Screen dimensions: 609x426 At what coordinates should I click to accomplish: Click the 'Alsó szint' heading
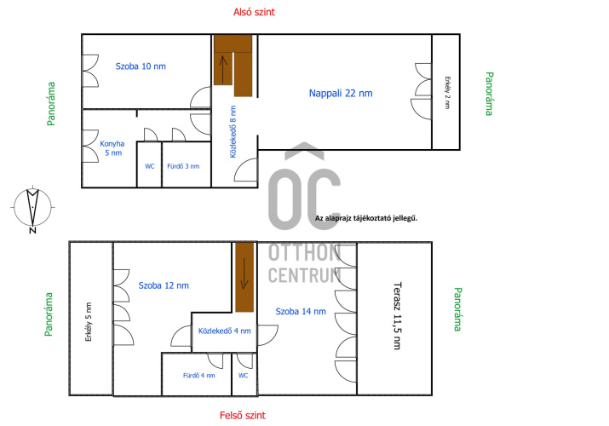[254, 12]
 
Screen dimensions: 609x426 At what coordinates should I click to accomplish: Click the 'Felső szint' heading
[243, 416]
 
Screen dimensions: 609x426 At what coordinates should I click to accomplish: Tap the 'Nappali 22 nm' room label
[341, 93]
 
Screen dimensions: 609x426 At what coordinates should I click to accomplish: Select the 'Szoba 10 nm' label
[141, 66]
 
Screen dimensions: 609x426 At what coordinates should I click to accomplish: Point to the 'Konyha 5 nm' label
[112, 148]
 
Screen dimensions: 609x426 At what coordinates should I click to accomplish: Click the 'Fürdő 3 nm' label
[183, 166]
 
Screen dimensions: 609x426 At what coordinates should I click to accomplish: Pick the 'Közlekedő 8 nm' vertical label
[233, 132]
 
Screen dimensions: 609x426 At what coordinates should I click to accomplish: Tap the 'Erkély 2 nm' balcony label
[447, 92]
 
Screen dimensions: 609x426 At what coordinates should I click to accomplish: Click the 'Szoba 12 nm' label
[164, 285]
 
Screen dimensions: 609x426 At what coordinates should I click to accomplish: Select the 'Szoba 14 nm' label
[301, 312]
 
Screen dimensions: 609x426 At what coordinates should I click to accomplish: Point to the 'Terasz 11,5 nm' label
[397, 316]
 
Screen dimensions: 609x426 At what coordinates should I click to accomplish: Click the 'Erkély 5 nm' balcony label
[89, 322]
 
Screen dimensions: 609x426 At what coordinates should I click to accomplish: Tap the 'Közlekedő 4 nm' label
[225, 331]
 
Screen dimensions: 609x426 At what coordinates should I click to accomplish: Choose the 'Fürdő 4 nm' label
[198, 376]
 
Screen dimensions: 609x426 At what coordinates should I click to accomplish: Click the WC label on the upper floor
[243, 376]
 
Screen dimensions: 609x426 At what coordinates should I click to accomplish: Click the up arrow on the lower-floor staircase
[223, 70]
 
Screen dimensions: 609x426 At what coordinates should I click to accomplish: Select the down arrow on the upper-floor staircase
[244, 273]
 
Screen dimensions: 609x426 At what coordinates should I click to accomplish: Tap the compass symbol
[32, 208]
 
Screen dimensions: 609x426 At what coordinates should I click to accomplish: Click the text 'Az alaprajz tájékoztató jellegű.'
[366, 218]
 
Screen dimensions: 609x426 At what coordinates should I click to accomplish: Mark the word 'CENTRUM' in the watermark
[305, 275]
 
